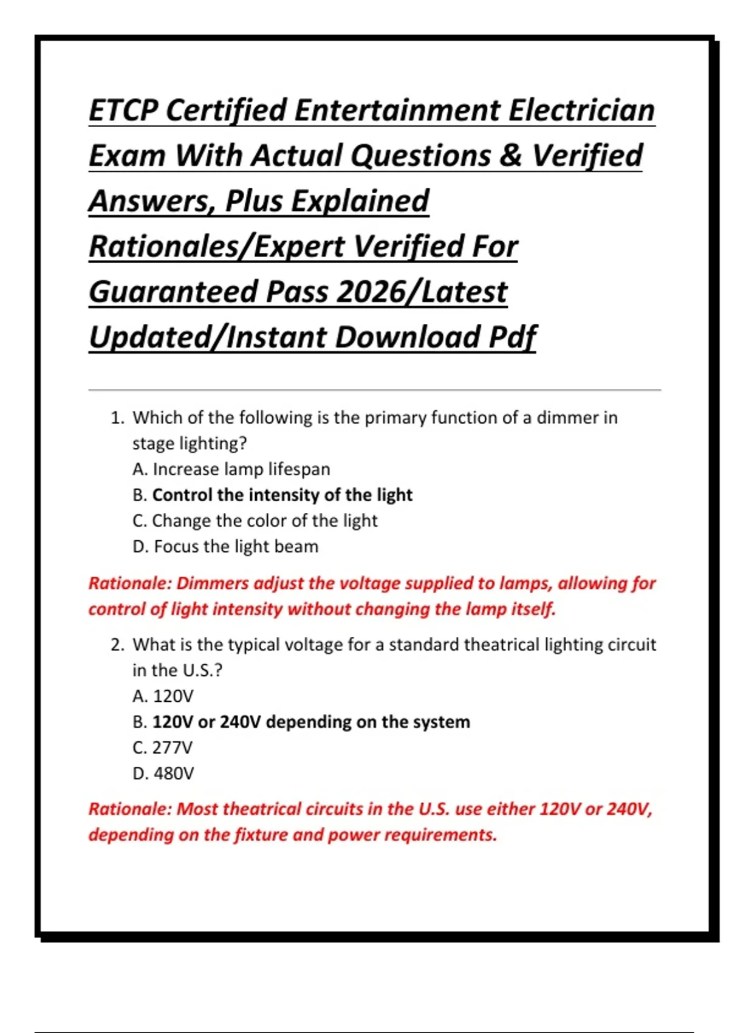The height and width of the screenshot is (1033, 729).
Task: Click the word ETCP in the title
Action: [x=124, y=110]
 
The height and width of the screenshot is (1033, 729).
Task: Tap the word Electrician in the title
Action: [x=581, y=110]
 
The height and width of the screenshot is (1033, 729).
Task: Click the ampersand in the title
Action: [x=511, y=156]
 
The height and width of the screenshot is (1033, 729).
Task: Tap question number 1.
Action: [x=117, y=418]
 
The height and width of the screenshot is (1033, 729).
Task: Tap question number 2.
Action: [x=117, y=645]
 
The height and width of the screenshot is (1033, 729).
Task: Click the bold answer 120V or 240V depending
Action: [x=310, y=722]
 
